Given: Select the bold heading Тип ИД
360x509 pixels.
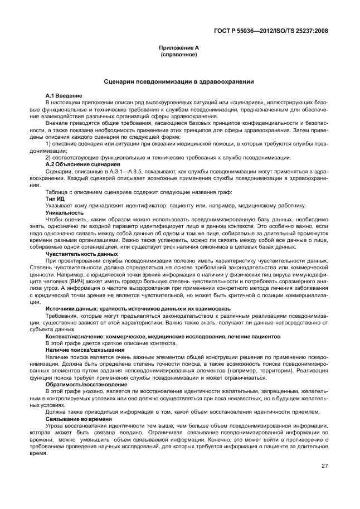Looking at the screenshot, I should point(56,198).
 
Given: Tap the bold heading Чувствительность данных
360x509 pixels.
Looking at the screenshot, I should point(81,254).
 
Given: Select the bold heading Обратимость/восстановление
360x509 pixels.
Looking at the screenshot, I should point(86,384).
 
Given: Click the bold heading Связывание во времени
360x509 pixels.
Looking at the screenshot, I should point(79,419).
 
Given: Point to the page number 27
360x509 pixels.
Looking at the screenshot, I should point(325,466).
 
